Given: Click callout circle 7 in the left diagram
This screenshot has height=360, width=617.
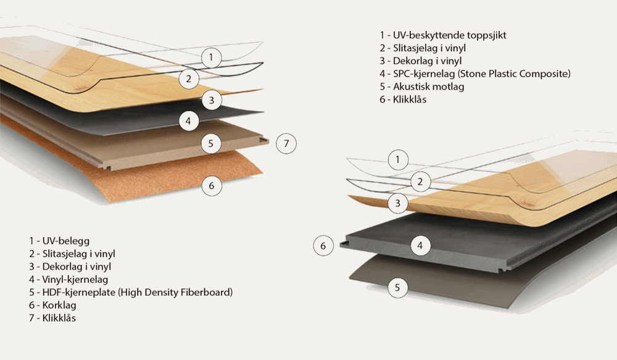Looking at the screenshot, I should click(x=286, y=144).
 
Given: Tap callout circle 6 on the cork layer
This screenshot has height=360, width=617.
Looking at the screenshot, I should click(x=211, y=185).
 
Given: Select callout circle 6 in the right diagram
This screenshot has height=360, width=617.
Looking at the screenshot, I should click(x=323, y=246).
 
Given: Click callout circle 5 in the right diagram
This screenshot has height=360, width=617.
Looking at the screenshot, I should click(x=398, y=287).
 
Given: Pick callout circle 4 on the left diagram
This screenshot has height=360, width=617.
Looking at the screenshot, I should click(x=189, y=121).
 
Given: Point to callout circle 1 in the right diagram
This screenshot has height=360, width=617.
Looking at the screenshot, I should click(x=398, y=161).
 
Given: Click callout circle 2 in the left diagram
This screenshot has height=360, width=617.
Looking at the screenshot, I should click(x=189, y=78).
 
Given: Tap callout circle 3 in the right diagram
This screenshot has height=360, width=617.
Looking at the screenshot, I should click(x=398, y=203).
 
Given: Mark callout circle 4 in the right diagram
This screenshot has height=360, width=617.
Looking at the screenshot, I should click(x=420, y=246).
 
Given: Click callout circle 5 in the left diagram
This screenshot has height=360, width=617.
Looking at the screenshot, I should click(x=211, y=144).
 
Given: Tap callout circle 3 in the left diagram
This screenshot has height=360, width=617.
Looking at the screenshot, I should click(x=211, y=100).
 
